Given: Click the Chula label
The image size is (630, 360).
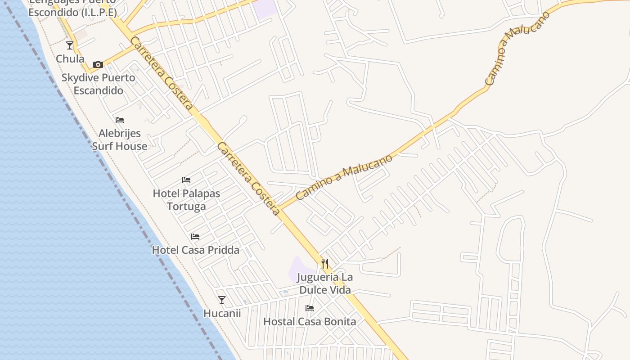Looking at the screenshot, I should coord(70,59).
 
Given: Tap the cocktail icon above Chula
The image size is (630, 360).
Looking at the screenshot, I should coord(70,45).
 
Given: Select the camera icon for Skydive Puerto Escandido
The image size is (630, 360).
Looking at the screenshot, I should coord(98,64).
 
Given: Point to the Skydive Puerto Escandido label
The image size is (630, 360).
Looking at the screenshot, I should coord(98,84).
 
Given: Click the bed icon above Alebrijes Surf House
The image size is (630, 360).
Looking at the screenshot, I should coord(120,120).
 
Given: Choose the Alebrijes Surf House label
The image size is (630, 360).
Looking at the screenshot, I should coord(120,140).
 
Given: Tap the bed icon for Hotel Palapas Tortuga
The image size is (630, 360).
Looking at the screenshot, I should coord(186,180).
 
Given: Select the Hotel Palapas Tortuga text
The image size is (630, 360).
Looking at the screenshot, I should coord(186,200).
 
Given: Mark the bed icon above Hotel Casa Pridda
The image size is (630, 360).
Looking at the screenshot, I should coord(195,236).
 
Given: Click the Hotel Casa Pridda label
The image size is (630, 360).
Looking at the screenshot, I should coord(195,250).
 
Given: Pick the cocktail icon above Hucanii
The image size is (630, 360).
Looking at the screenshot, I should coord(222,300).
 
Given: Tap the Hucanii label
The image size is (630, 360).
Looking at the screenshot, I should coord(222,313).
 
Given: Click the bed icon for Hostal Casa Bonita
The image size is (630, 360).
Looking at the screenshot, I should coord(310,308).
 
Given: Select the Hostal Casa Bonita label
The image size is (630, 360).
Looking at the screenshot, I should coord(310,322).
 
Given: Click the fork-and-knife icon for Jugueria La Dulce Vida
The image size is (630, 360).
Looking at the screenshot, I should coord(325,263).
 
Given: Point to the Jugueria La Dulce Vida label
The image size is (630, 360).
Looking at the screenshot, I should coord(325,283).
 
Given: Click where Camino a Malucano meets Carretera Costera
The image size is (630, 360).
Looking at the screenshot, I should coord(280,209).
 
